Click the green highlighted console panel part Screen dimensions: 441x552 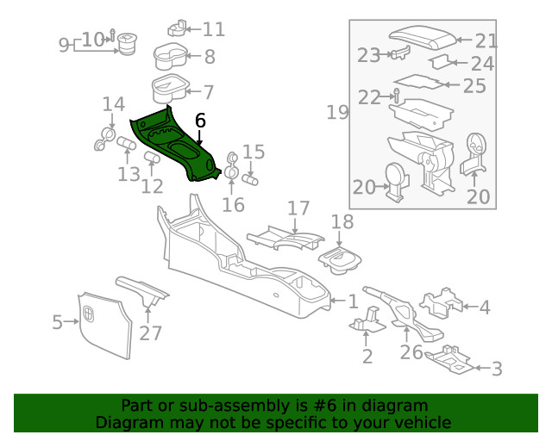click(177, 145)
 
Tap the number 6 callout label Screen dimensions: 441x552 click(200, 121)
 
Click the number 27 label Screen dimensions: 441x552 click(150, 332)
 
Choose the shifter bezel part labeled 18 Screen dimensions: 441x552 click(342, 258)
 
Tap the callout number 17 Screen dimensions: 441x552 click(298, 208)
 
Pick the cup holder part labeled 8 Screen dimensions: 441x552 click(172, 58)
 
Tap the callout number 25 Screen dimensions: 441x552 click(474, 86)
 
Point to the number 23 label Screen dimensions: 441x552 click(368, 55)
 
